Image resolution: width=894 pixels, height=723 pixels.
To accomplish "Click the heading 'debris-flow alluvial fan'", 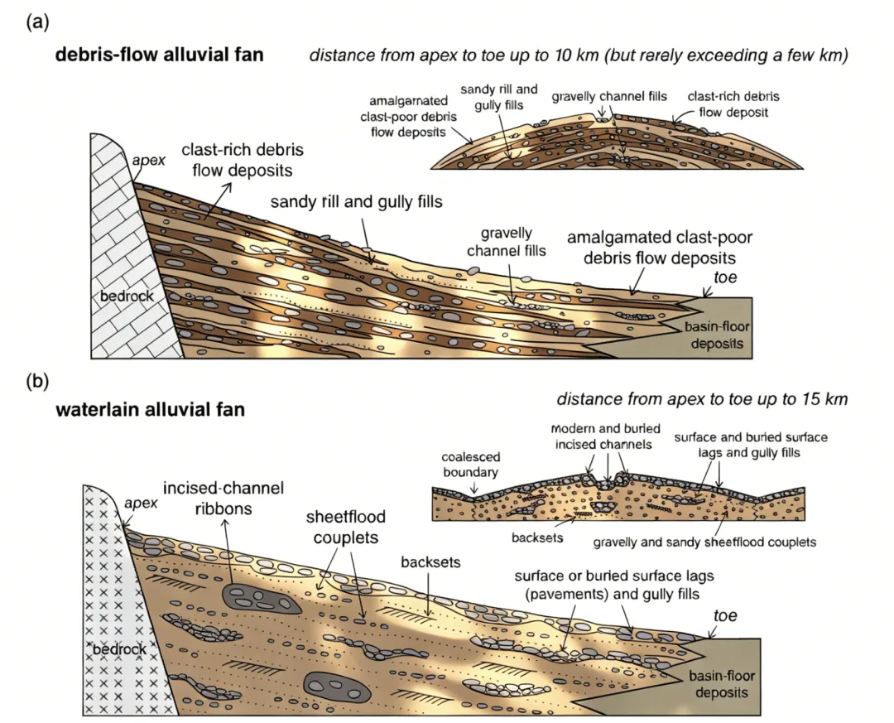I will click(x=159, y=56).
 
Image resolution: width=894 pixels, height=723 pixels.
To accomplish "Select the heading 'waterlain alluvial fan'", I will click(x=150, y=409).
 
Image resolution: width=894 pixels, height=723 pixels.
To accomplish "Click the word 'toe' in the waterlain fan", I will click(x=725, y=616).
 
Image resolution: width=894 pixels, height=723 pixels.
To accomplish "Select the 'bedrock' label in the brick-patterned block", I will click(x=121, y=296).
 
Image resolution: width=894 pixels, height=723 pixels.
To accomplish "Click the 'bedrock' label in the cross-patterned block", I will click(x=122, y=648).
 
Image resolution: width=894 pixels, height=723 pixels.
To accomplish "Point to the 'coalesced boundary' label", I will click(x=470, y=465).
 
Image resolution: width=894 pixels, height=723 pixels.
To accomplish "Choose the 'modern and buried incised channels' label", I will click(x=601, y=436).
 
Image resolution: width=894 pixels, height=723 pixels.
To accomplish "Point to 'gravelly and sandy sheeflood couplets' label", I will click(x=705, y=542).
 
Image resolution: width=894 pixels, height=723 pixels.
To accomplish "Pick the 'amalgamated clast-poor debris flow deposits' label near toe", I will click(x=659, y=247).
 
